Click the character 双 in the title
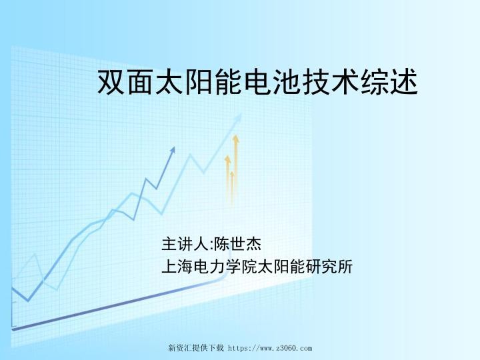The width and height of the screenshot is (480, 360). point(111,83)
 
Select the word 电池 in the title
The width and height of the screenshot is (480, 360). point(274,83)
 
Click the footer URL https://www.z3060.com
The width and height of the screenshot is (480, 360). point(270,348)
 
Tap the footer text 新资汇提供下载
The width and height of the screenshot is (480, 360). point(196,348)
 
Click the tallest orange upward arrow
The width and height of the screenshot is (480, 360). point(235,167)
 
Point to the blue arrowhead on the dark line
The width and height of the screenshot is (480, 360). point(173,151)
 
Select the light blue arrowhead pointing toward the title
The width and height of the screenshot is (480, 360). point(237,119)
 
